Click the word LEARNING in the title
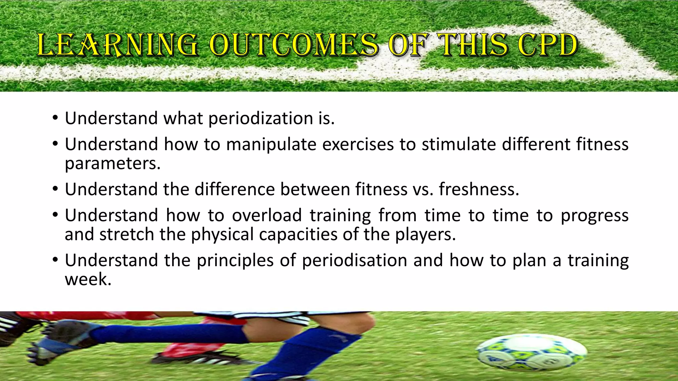point(118,45)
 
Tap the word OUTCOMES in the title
point(293,45)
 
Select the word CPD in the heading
point(548,45)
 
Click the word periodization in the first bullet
point(261,118)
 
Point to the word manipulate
point(271,145)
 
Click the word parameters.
point(113,164)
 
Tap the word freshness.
point(479,190)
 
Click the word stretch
point(127,234)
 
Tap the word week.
point(88,279)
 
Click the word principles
point(235,260)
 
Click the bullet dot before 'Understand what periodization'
point(55,118)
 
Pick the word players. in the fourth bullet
point(425,234)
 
